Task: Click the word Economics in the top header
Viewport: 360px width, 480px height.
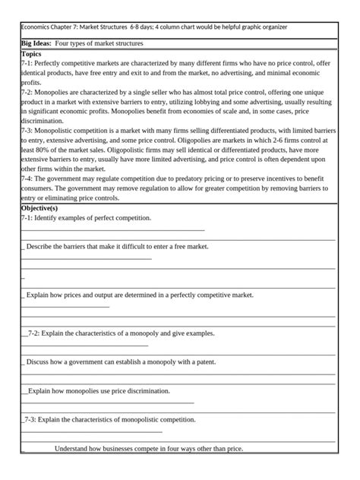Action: (36, 27)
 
